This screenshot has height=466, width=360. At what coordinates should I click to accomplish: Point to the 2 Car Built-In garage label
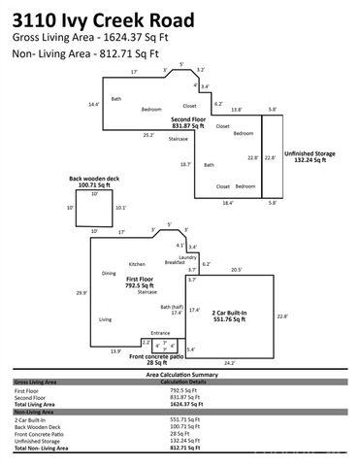click(231, 316)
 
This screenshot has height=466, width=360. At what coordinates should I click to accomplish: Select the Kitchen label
click(137, 264)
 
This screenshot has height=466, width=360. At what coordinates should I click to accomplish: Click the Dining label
click(109, 273)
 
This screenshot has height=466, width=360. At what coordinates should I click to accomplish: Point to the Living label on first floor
click(105, 318)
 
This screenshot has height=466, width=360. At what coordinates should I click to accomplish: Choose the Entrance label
click(159, 333)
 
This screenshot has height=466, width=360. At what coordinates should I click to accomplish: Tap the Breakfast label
click(175, 263)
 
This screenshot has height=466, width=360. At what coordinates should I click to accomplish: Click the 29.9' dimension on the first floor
click(82, 292)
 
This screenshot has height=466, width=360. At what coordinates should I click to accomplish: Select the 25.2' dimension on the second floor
click(148, 135)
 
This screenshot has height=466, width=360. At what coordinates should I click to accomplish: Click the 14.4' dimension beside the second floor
click(94, 104)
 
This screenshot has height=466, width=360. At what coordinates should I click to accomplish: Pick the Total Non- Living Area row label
click(45, 449)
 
